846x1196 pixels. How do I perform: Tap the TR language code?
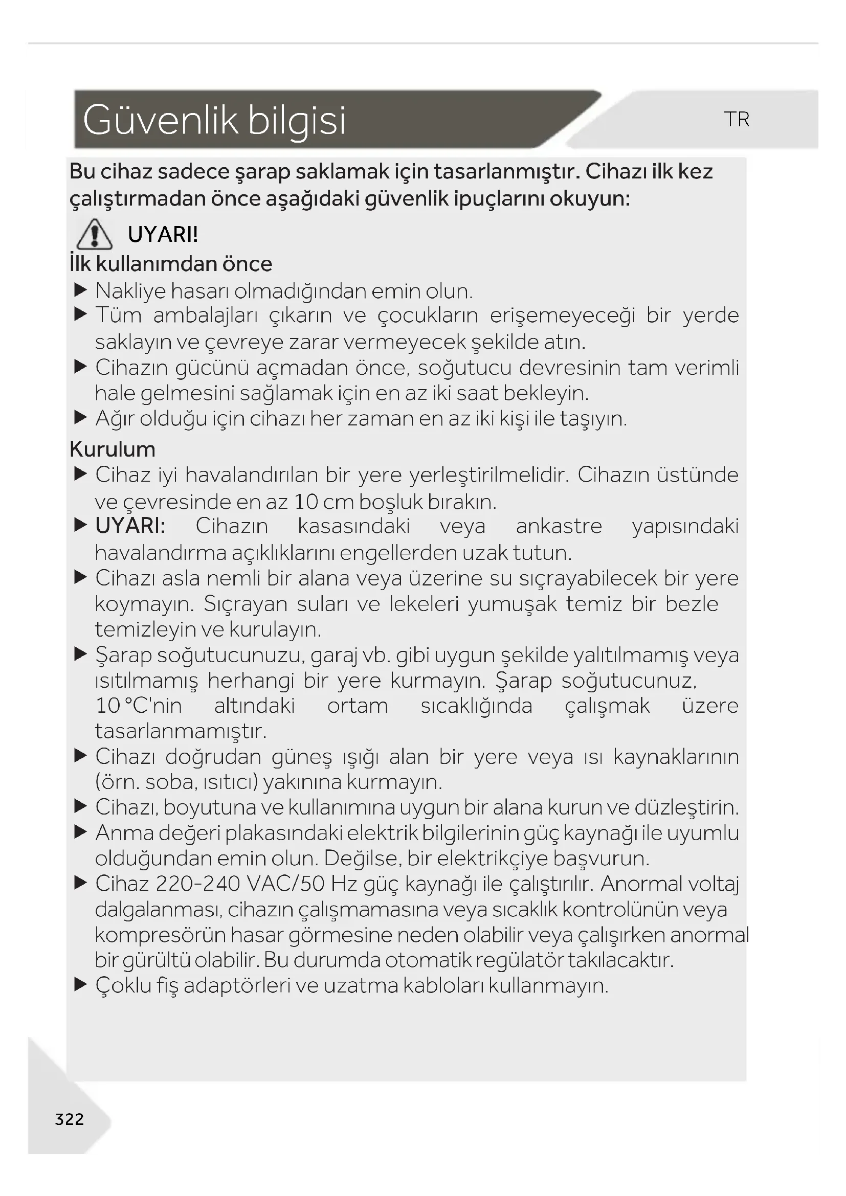736,119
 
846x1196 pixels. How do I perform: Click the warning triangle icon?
94,235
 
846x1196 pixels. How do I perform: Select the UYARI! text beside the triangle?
163,235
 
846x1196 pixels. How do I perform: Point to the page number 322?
69,1119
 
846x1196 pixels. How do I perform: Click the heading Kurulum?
113,449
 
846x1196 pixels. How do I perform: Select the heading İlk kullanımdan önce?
171,264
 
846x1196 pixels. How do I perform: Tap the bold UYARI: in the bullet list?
130,526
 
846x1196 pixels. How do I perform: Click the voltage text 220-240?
197,884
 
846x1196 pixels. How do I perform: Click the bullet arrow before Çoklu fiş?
80,984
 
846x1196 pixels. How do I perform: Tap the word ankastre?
559,526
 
